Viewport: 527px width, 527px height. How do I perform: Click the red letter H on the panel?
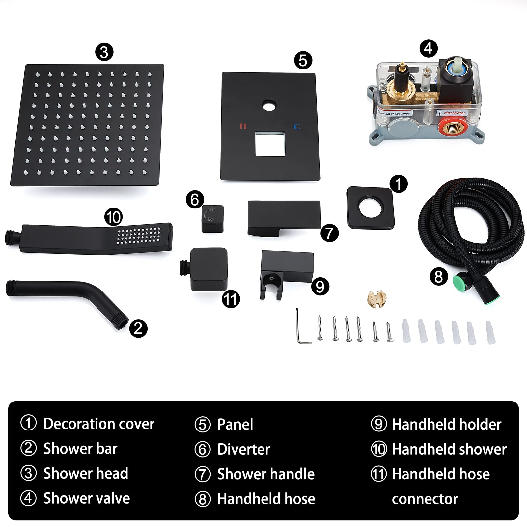point(243,126)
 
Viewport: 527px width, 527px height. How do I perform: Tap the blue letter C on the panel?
point(297,126)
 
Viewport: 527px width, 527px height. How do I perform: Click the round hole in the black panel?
point(270,106)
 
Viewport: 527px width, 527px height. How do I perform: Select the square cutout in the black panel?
point(270,144)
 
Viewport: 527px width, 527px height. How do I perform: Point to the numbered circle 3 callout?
point(104,52)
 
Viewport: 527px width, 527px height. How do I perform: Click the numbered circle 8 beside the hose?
point(439,276)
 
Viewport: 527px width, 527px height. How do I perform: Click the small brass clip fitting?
point(377,298)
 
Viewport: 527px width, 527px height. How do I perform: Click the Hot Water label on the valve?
point(455,113)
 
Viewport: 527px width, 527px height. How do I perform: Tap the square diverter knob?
point(212,218)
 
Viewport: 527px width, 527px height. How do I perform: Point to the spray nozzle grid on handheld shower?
point(139,236)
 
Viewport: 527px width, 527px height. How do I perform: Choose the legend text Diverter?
point(243,449)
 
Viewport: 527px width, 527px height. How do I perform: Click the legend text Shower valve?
point(87,498)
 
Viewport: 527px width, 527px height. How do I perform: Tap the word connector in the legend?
point(425,499)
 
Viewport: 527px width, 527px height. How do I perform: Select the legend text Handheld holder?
point(447,424)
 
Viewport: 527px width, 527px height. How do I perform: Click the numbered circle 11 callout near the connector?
point(231,299)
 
